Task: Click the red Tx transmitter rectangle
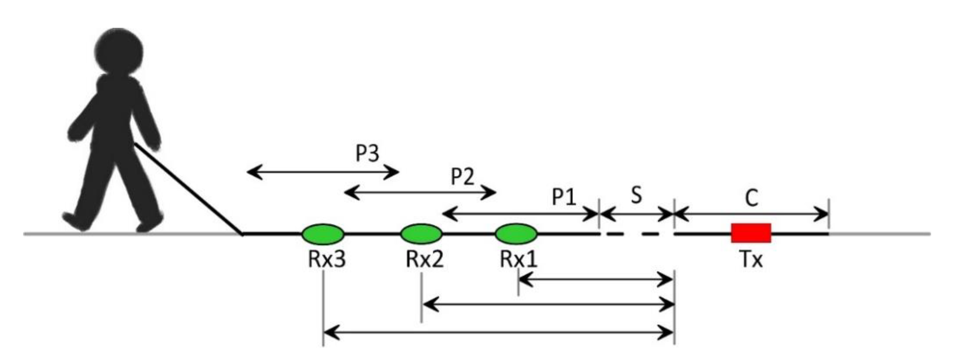[751, 233]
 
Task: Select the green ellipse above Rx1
[516, 233]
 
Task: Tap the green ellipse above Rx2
[421, 233]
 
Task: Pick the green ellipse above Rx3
[323, 233]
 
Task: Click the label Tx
[751, 259]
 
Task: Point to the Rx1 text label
[518, 259]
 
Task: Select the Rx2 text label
[424, 259]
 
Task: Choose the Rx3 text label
[327, 259]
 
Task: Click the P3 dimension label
[368, 153]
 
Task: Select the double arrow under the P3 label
[323, 172]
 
